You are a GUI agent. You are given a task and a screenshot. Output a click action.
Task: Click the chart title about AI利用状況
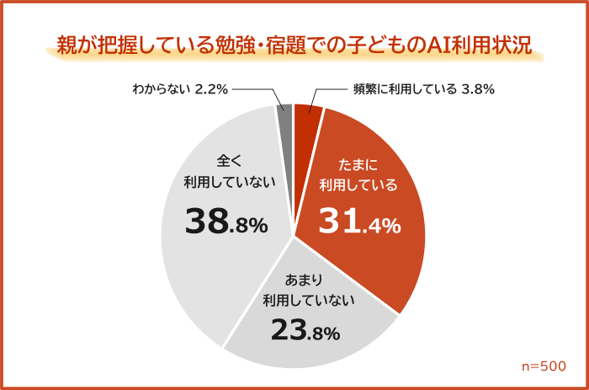(x=294, y=45)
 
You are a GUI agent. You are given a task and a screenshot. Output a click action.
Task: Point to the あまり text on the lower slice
(x=307, y=279)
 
